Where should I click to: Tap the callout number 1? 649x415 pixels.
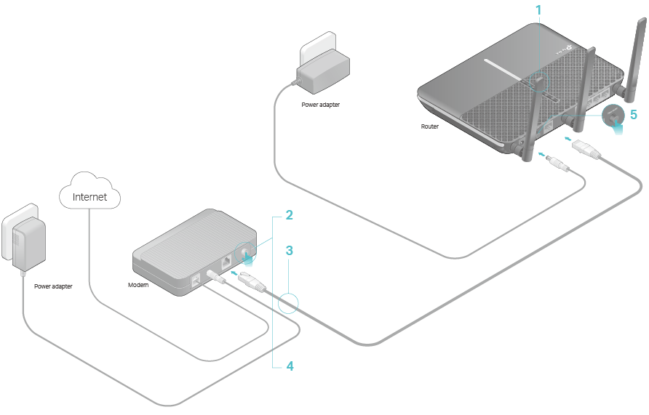click(538, 10)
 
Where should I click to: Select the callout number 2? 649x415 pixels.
click(289, 215)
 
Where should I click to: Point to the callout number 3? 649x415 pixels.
click(289, 251)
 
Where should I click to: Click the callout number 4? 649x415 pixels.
click(290, 366)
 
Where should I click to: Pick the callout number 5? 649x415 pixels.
click(633, 115)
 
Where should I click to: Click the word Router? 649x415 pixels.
click(429, 126)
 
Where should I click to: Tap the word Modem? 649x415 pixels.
click(138, 285)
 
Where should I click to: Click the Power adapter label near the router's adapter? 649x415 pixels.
click(320, 105)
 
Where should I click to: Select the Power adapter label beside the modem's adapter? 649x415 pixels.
click(53, 286)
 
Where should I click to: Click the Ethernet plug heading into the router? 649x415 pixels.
click(586, 150)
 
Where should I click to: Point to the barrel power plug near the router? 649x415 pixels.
click(558, 164)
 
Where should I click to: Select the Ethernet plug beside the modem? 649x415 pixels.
click(252, 282)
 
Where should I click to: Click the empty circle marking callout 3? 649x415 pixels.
click(288, 303)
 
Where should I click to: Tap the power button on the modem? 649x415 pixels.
click(244, 252)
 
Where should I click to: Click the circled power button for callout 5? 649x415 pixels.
click(613, 116)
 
